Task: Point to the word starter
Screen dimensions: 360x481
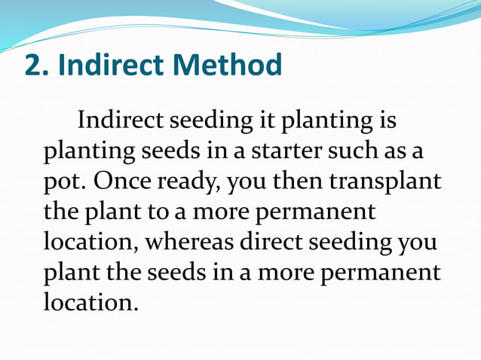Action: (283, 151)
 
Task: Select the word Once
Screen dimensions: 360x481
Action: (112, 182)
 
